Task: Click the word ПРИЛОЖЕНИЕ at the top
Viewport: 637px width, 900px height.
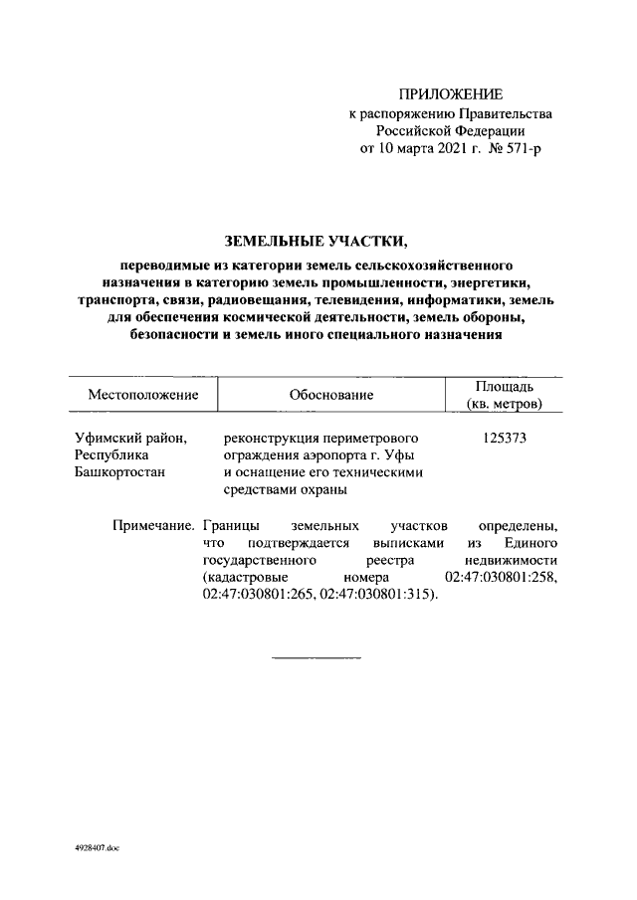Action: (x=451, y=94)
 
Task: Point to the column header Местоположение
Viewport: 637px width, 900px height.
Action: (x=143, y=395)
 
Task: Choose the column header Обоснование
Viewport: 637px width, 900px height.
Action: (x=331, y=395)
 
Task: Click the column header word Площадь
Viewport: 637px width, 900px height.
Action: (x=505, y=386)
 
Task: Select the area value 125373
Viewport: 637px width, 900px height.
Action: (x=505, y=438)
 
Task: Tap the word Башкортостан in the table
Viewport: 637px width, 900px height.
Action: (x=120, y=472)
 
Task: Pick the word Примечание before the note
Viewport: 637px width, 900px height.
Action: (x=152, y=524)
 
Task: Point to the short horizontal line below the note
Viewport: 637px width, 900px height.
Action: (x=317, y=658)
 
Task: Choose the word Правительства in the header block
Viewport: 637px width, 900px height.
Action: (x=506, y=113)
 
